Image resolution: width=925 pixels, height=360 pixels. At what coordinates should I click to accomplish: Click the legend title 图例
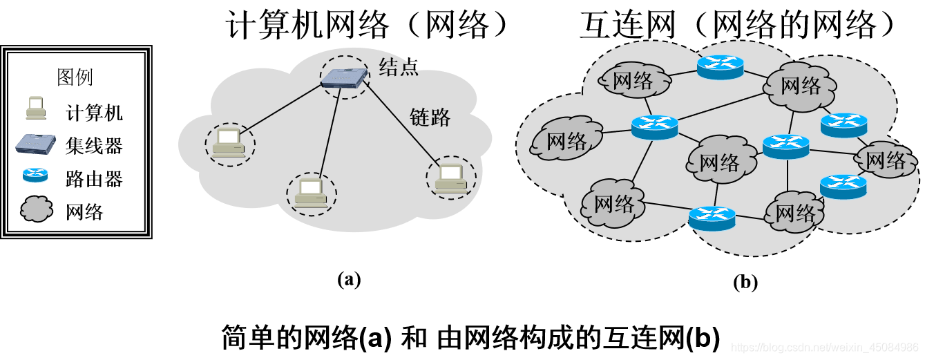[75, 77]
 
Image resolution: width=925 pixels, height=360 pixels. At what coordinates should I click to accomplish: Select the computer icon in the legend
[35, 109]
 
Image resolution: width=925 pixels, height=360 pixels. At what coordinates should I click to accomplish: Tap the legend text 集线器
[94, 146]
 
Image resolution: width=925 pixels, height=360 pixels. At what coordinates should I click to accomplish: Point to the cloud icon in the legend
[36, 209]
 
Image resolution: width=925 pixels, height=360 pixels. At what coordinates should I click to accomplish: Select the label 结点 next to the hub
[399, 66]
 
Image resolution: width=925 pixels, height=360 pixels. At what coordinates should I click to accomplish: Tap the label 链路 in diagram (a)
[430, 117]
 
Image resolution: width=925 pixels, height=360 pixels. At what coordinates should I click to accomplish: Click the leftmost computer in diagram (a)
[229, 144]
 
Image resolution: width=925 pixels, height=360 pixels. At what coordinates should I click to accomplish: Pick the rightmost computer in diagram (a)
[450, 178]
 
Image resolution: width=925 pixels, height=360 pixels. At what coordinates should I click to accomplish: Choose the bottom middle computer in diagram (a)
[312, 192]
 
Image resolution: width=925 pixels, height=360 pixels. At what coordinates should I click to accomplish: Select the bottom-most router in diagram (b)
[712, 218]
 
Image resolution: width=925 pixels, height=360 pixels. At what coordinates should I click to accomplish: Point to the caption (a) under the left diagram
[349, 278]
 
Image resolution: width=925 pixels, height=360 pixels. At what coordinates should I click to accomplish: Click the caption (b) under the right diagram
[745, 281]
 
